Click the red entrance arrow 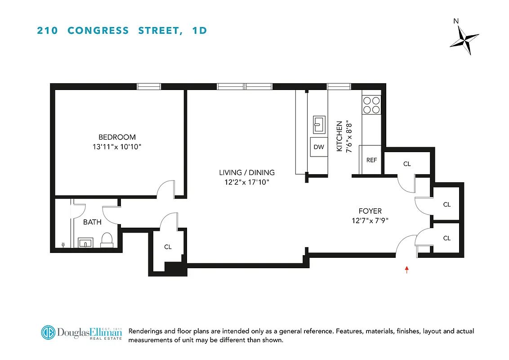point(406,270)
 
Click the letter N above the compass point(456,21)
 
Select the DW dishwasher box point(318,147)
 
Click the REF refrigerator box point(371,160)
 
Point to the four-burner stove point(371,105)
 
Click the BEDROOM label point(117,137)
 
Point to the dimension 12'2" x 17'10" point(246,182)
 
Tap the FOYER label point(370,211)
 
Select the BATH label point(92,222)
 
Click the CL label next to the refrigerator point(407,164)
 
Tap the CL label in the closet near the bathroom point(168,247)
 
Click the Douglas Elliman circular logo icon point(48,333)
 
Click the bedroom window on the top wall point(149,86)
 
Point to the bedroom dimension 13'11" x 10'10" point(117,147)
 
